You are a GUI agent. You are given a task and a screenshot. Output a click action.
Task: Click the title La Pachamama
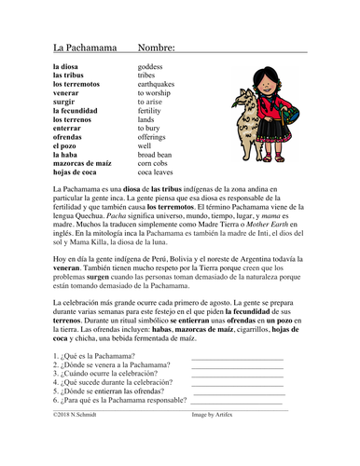click(x=78, y=47)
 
